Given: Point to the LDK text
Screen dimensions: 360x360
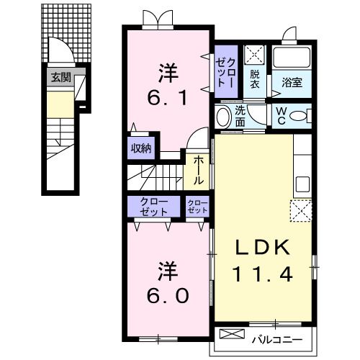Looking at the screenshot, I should click(264, 247).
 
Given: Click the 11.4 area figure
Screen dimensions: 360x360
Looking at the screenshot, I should click(264, 274).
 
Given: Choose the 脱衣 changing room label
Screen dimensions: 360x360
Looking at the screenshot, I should click(255, 78).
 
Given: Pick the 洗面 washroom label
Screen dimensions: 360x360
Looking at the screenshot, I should click(240, 116).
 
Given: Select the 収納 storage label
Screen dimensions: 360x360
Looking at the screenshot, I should click(141, 149).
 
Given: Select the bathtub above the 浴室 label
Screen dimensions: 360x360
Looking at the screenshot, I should click(292, 58).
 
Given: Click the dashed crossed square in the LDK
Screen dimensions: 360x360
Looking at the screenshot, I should click(300, 211).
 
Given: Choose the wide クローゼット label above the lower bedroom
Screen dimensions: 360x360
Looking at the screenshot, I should click(153, 207).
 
